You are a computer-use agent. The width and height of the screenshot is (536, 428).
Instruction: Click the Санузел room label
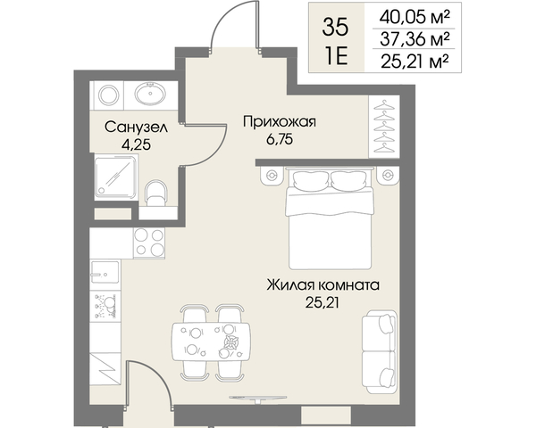136,128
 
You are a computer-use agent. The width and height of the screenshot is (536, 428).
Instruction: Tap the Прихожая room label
280,121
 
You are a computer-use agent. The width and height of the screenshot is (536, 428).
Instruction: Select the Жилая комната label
323,284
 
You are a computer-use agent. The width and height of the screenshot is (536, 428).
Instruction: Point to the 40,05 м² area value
414,16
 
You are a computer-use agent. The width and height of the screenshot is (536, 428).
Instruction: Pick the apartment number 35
335,28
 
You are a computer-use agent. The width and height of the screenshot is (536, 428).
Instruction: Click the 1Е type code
337,56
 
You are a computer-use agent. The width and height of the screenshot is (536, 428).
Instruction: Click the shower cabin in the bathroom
116,177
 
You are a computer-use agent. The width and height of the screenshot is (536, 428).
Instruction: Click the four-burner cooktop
149,243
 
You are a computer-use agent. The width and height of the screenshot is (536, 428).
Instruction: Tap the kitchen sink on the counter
105,272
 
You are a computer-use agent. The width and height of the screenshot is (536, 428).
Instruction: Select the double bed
330,219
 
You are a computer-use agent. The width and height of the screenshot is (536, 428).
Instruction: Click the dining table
211,342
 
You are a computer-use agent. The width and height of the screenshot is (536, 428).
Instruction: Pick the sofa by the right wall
380,352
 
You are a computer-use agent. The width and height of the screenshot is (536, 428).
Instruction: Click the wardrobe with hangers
384,127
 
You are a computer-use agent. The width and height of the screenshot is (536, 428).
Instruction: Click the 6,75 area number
280,140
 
